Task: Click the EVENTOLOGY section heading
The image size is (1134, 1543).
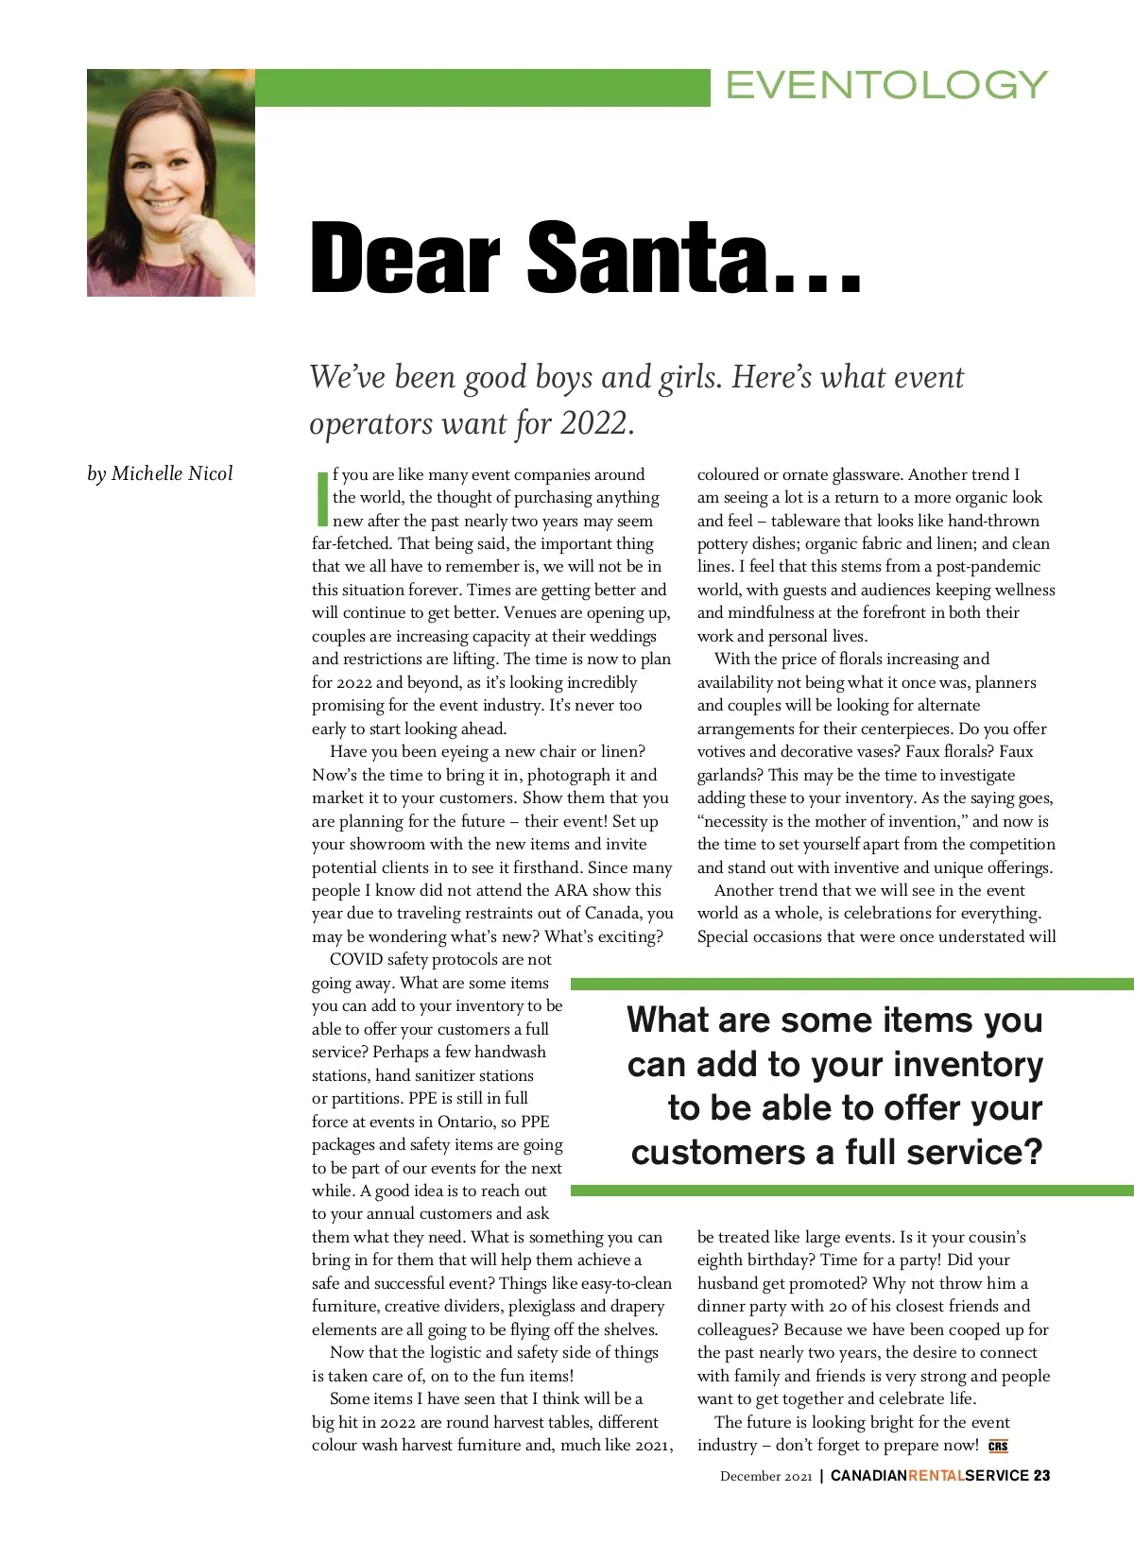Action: (x=886, y=85)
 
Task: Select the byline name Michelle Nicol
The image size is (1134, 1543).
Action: (x=172, y=473)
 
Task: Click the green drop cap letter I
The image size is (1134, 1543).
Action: (x=321, y=498)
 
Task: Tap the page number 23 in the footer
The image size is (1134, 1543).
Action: (x=1041, y=1475)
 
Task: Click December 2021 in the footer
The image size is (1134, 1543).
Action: (x=765, y=1476)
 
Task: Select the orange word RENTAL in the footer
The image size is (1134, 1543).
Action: (x=936, y=1475)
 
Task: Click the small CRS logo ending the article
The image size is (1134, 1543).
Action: (x=998, y=1446)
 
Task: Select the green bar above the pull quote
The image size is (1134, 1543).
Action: (x=850, y=984)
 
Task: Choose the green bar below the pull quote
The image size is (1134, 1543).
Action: (x=850, y=1191)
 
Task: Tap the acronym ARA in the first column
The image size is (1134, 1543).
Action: (x=571, y=890)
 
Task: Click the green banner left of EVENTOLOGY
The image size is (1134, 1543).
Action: (x=482, y=87)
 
